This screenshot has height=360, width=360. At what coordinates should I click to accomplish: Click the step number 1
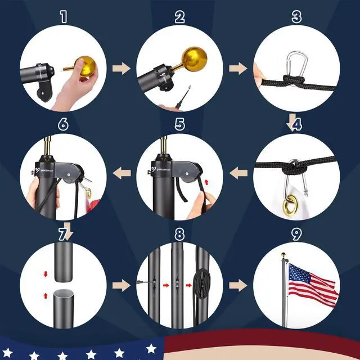(63, 16)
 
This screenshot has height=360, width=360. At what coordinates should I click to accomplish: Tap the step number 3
(296, 16)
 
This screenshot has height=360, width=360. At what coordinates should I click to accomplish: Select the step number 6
(63, 124)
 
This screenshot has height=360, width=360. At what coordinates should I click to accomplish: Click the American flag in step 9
(313, 282)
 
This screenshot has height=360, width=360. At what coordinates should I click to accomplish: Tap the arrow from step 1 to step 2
(121, 69)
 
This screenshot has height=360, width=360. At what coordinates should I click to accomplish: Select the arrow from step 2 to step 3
(238, 69)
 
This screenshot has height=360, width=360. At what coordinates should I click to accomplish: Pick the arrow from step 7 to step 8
(121, 285)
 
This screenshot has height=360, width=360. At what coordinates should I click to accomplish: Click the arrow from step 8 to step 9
(238, 285)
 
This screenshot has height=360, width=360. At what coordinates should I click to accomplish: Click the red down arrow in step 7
(46, 274)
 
